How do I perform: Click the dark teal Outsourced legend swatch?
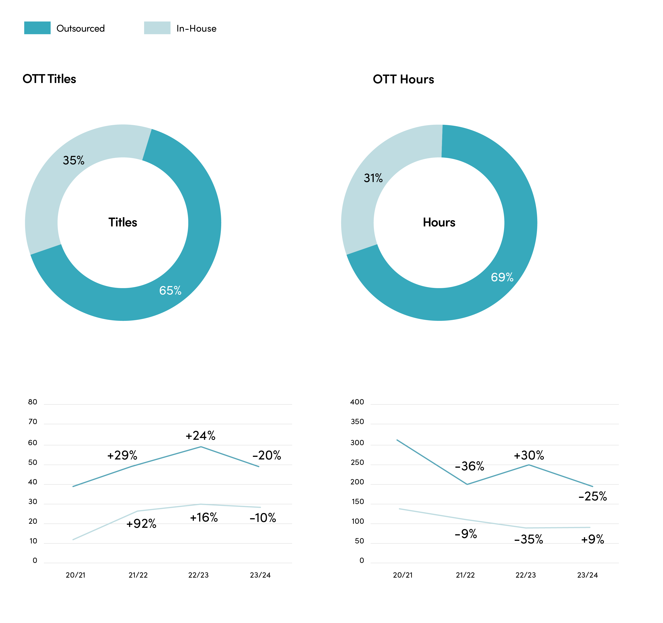pyautogui.click(x=37, y=28)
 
